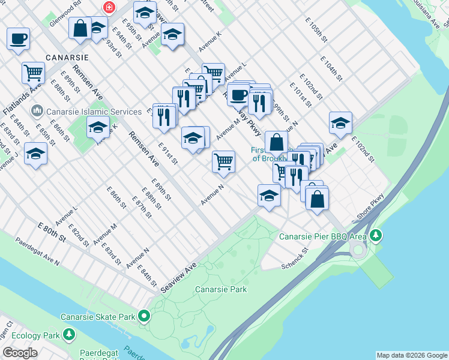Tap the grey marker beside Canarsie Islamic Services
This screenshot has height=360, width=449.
[x=37, y=110]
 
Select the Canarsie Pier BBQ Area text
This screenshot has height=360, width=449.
[x=323, y=236]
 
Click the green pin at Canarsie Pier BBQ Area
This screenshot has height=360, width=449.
[x=375, y=235]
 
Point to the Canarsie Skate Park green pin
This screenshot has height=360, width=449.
[x=144, y=316]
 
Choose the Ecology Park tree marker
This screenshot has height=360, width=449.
[x=70, y=334]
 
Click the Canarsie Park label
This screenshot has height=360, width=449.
[x=221, y=289]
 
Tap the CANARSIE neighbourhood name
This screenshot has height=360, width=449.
[x=67, y=58]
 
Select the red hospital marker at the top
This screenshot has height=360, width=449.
[x=109, y=7]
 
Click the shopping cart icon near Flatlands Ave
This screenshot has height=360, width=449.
[x=33, y=73]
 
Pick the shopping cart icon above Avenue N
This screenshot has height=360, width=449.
[x=223, y=161]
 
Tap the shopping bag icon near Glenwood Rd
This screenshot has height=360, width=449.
[x=80, y=28]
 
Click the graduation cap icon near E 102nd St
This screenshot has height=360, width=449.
[x=340, y=122]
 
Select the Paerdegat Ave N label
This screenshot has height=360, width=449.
[x=38, y=253]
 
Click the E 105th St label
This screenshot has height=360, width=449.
[x=316, y=29]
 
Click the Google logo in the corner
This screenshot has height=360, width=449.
[x=20, y=353]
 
